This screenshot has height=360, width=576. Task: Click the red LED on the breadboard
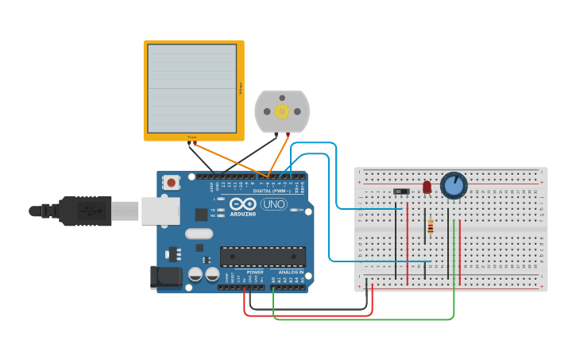(427, 187)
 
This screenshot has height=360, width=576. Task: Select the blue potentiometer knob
(454, 186)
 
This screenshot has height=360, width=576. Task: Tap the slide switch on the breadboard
(401, 192)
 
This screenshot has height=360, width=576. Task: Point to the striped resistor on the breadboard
(431, 226)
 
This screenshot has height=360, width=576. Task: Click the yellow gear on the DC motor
(282, 111)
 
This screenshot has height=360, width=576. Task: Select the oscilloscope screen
(191, 88)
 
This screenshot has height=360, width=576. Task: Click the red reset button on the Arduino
(172, 183)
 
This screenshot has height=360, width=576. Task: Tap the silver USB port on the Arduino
(160, 211)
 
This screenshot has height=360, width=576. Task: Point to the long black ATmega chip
(262, 256)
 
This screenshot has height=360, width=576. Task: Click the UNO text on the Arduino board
(273, 204)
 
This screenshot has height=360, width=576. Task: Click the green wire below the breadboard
(365, 319)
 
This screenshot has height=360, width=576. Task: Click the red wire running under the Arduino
(310, 315)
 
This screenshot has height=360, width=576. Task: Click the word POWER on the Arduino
(255, 272)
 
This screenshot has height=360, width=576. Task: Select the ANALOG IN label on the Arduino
(291, 272)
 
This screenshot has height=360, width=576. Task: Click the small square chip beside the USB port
(201, 214)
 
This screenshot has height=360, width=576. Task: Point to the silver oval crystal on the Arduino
(199, 234)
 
